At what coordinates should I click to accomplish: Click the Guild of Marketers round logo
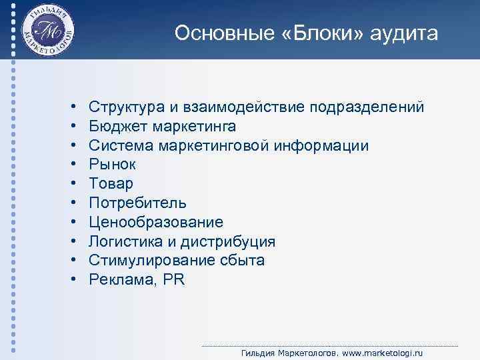[47, 30]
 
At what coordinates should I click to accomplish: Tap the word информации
[330, 145]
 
